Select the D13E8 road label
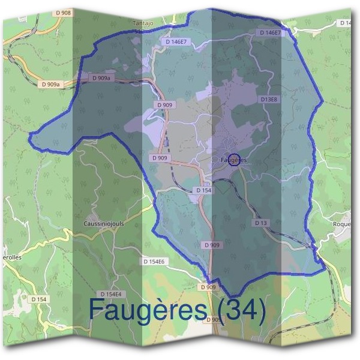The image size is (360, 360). (x=269, y=99)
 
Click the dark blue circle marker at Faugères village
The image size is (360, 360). (x=234, y=159)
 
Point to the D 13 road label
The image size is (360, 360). (x=260, y=223)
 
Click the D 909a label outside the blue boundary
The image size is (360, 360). (x=52, y=85)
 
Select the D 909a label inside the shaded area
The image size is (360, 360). (x=101, y=77)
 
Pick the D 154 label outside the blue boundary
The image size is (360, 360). (x=38, y=299)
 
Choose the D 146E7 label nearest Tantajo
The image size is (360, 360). (x=177, y=41)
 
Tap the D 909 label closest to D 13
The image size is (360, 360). (x=212, y=245)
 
